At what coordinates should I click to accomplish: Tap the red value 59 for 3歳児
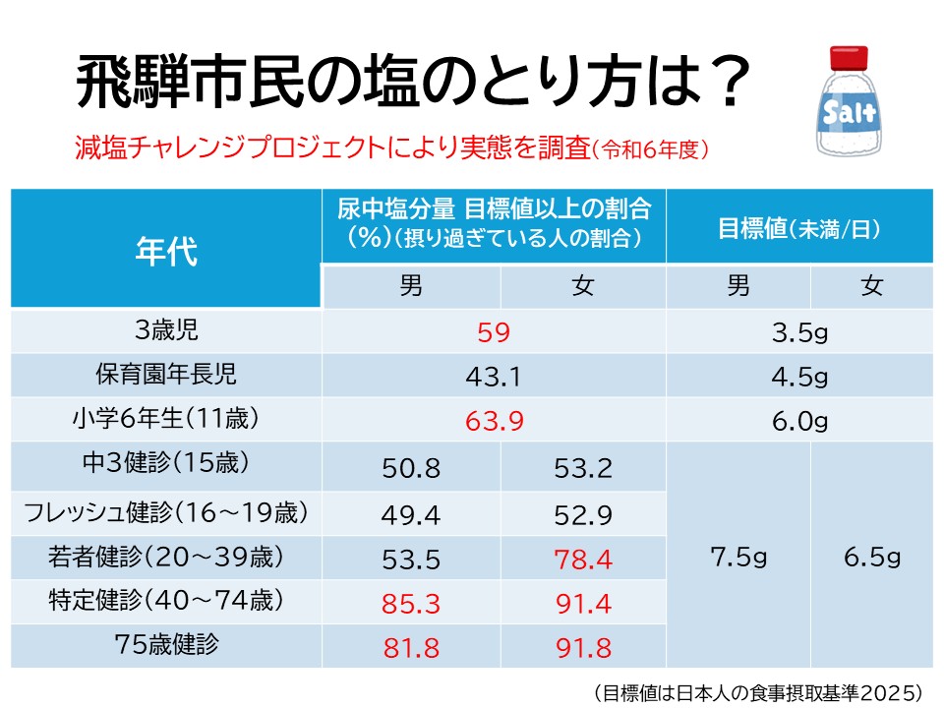click(x=494, y=332)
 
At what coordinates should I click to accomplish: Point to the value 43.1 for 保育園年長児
click(x=494, y=377)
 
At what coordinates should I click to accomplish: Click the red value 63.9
click(x=494, y=421)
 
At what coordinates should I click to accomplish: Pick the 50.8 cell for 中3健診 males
click(x=411, y=468)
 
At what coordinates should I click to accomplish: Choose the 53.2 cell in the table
click(x=583, y=468)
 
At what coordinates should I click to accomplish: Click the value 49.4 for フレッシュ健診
click(x=411, y=513)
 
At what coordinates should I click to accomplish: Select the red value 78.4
click(x=583, y=559)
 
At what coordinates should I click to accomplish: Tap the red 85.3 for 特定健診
click(x=411, y=603)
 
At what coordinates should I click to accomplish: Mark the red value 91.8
click(x=583, y=648)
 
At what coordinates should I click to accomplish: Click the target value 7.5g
click(x=737, y=558)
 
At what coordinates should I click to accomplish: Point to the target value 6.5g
click(x=871, y=558)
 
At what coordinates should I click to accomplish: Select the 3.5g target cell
click(x=799, y=332)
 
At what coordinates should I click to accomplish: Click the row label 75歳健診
click(x=166, y=646)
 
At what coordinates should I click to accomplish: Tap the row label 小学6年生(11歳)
click(x=166, y=419)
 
